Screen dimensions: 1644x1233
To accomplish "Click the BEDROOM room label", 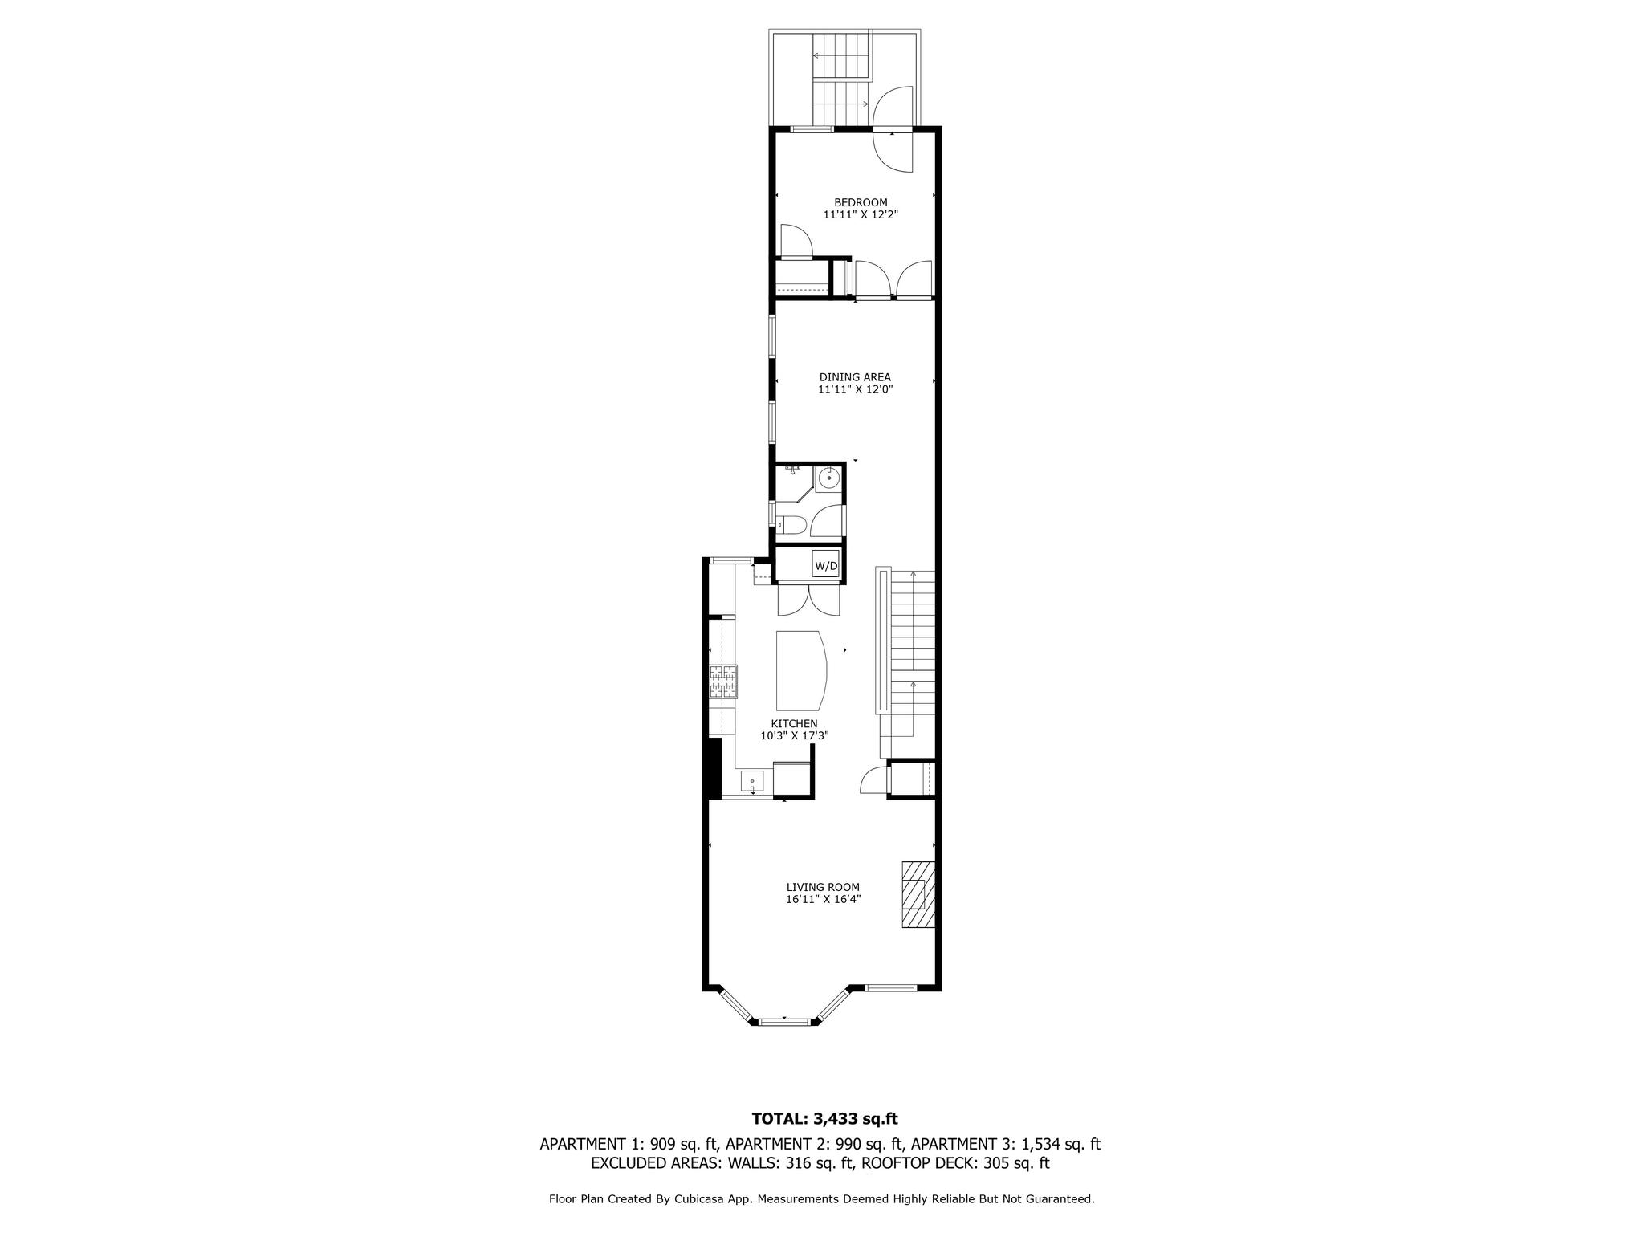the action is (861, 202).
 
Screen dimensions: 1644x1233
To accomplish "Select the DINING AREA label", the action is (855, 377).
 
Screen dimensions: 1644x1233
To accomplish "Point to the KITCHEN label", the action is (795, 724).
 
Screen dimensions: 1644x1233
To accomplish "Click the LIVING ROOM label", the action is (823, 888).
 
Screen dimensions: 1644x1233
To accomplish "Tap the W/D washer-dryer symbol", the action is (826, 565).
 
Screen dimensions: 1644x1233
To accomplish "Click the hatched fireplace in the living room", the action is (918, 894).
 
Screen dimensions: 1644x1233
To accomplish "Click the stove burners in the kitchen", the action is (161, 682).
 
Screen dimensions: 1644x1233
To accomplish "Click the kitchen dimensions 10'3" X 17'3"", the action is (795, 736).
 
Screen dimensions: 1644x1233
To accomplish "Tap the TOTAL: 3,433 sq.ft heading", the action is (824, 1119).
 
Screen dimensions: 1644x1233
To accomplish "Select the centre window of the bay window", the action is (784, 1022).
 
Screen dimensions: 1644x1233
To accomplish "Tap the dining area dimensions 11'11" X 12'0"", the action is (856, 390).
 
